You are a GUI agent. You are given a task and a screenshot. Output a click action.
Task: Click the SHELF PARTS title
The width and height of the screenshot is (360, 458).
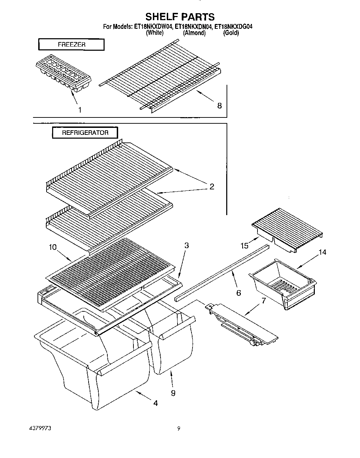pyautogui.click(x=180, y=16)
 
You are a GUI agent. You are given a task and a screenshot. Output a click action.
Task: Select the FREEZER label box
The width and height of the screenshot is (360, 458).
pyautogui.click(x=71, y=45)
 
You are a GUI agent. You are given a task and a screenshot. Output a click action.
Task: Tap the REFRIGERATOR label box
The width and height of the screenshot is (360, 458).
pyautogui.click(x=85, y=133)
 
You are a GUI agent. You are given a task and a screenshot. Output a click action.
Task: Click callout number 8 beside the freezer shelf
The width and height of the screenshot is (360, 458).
pyautogui.click(x=219, y=106)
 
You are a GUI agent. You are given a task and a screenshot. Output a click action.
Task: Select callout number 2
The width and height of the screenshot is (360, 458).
pyautogui.click(x=212, y=187)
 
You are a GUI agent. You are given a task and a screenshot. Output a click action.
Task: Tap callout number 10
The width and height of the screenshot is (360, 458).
pyautogui.click(x=52, y=247)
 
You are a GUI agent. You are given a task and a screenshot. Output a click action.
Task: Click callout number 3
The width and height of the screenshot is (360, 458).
pyautogui.click(x=186, y=246)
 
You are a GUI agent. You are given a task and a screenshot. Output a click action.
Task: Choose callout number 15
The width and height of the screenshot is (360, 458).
pyautogui.click(x=244, y=246)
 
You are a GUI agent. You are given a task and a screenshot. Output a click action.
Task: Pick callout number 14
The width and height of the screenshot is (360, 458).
pyautogui.click(x=322, y=252)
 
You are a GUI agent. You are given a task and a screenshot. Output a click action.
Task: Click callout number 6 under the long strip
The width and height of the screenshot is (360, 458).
pyautogui.click(x=238, y=293)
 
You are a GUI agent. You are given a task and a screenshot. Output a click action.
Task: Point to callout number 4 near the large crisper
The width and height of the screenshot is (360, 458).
pyautogui.click(x=155, y=403)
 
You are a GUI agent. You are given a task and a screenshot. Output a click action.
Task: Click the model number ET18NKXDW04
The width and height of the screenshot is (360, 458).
pyautogui.click(x=153, y=26)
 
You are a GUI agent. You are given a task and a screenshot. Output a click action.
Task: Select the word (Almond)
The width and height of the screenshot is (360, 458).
pyautogui.click(x=194, y=33)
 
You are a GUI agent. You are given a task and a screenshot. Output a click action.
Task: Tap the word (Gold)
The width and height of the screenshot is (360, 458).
pyautogui.click(x=231, y=33)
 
